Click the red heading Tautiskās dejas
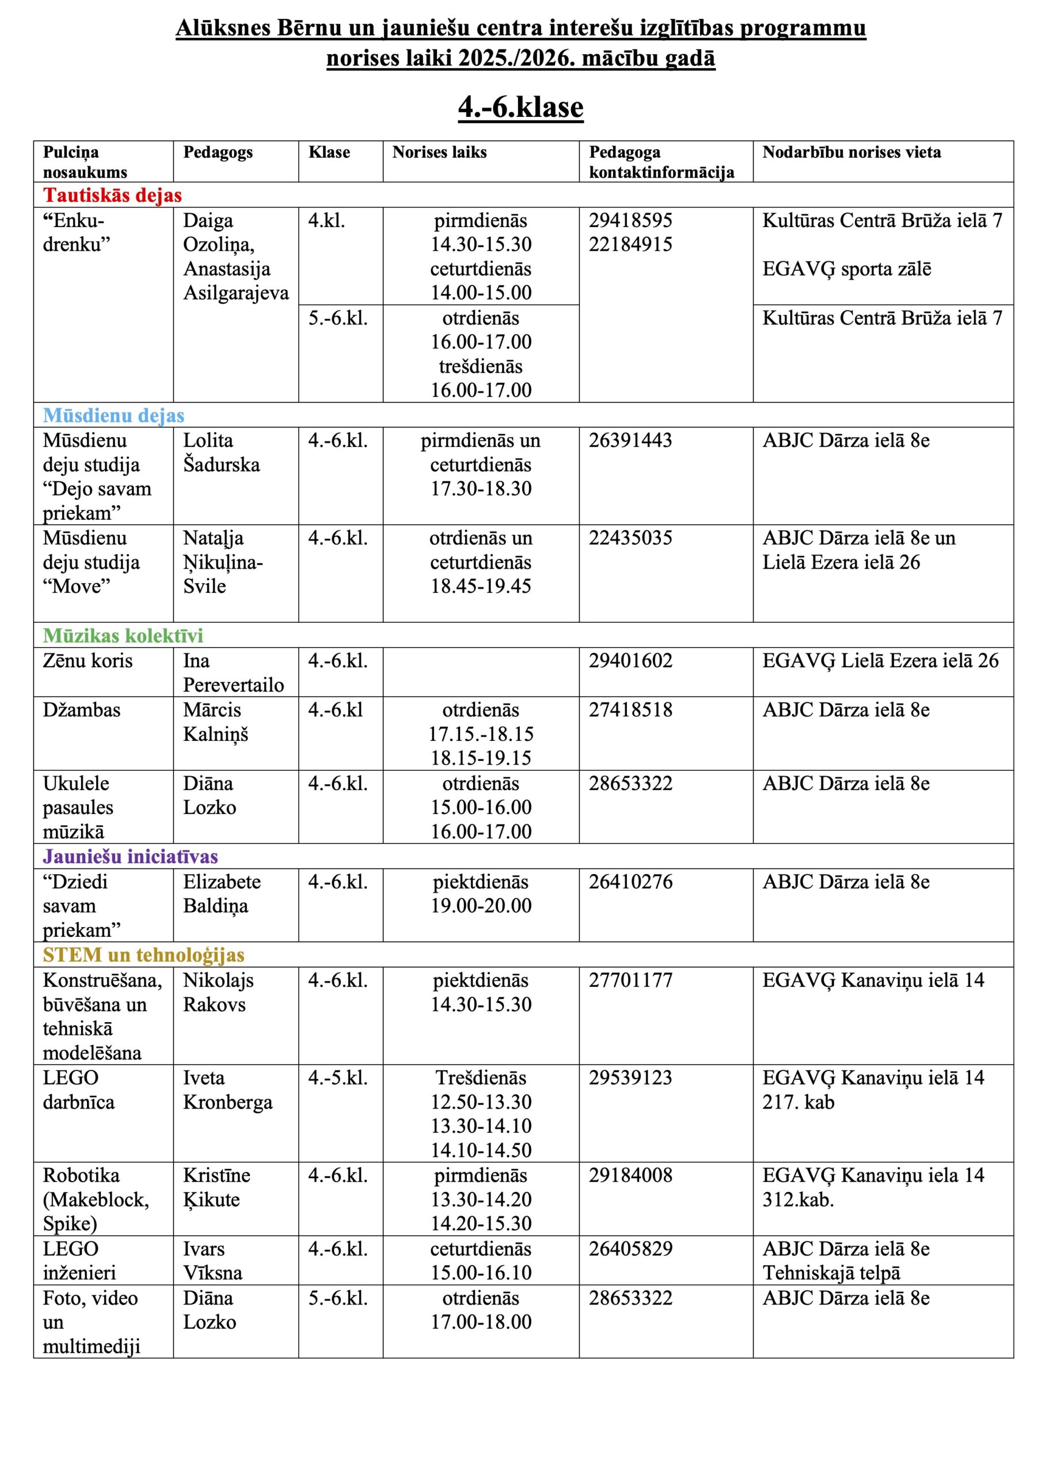click(112, 195)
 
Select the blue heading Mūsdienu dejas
click(113, 415)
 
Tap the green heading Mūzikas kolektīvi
click(123, 636)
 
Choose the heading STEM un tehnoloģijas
click(143, 955)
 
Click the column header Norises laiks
click(439, 152)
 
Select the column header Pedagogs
click(218, 152)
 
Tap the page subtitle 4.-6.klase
click(520, 107)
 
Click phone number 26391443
click(630, 441)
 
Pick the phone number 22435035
click(630, 538)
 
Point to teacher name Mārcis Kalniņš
click(215, 722)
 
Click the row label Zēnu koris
click(88, 661)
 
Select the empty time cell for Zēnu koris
click(481, 672)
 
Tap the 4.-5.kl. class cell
click(338, 1078)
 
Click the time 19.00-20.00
click(481, 906)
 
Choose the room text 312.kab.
click(798, 1200)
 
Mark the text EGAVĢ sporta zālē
click(846, 269)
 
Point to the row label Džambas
click(82, 710)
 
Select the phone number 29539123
click(630, 1078)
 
